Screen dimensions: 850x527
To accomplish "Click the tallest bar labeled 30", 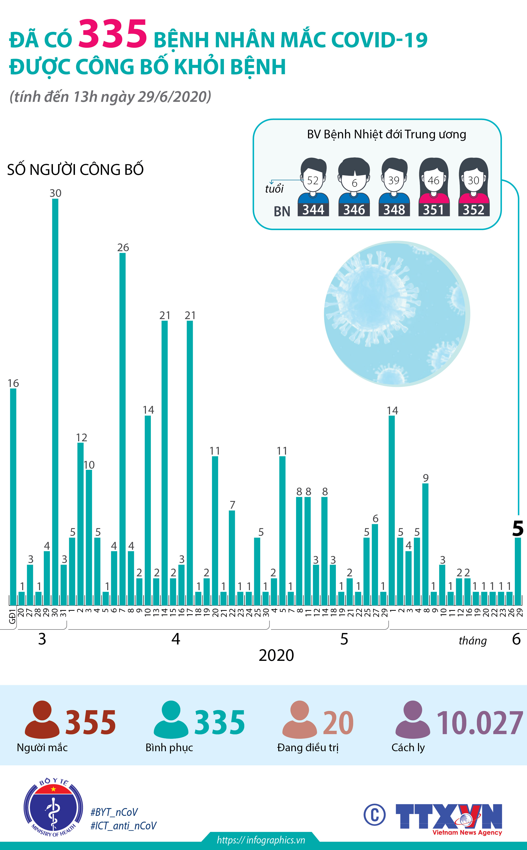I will [55, 401].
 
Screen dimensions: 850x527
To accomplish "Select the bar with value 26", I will [122, 428].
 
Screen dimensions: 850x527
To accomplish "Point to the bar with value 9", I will [425, 543].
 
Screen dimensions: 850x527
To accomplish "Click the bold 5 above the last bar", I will [518, 528].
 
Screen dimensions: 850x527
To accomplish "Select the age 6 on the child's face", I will [354, 183].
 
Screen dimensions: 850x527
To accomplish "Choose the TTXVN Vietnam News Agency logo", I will [449, 817].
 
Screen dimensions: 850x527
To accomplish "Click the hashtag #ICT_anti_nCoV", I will [123, 826].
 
